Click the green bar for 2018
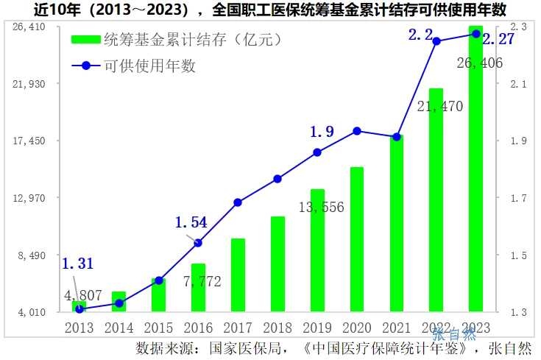pyautogui.click(x=277, y=264)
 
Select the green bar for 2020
pyautogui.click(x=357, y=239)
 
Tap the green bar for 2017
pyautogui.click(x=238, y=275)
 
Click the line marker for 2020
pyautogui.click(x=357, y=131)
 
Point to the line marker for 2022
pyautogui.click(x=436, y=41)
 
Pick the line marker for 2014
pyautogui.click(x=119, y=303)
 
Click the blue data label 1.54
pyautogui.click(x=191, y=222)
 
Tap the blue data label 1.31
pyautogui.click(x=77, y=264)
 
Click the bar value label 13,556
pyautogui.click(x=321, y=207)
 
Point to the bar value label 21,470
pyautogui.click(x=439, y=107)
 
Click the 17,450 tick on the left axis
pyautogui.click(x=30, y=141)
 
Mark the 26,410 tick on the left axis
pyautogui.click(x=30, y=27)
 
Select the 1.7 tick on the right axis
pyautogui.click(x=518, y=198)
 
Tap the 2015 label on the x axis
pyautogui.click(x=158, y=327)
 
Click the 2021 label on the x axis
pyautogui.click(x=396, y=327)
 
